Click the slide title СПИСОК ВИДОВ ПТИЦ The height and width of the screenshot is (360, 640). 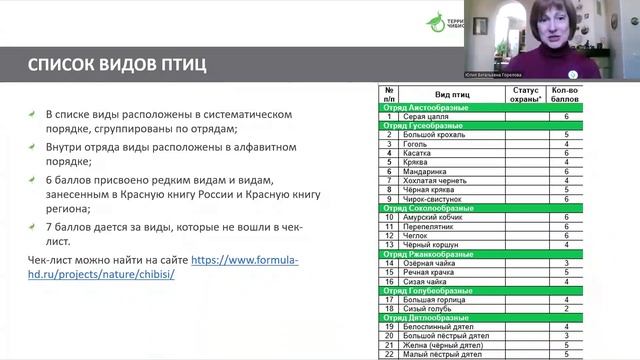[118, 67]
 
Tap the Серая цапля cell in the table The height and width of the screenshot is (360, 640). [417, 117]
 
